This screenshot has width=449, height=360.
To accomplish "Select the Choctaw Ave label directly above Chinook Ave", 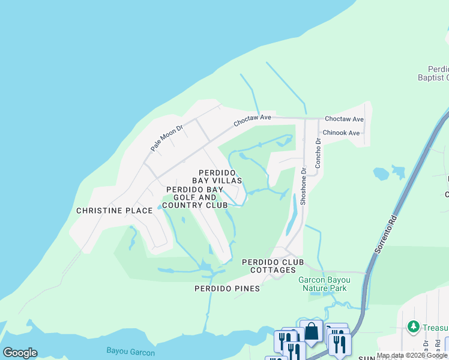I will tap(344, 119).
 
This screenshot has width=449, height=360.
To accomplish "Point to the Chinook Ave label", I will tap(341, 133).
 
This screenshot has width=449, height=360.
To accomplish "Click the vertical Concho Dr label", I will tap(319, 153).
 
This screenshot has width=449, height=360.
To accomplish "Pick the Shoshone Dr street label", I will tap(304, 186).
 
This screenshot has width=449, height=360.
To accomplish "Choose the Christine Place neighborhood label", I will tap(107, 211).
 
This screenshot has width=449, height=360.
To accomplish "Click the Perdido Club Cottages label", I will tap(273, 266).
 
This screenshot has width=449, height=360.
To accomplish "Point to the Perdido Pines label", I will tap(227, 289).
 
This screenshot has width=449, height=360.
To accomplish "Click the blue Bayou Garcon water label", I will tap(130, 351).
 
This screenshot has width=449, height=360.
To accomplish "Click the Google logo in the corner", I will tap(20, 353).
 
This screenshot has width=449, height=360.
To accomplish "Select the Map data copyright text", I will tap(412, 356).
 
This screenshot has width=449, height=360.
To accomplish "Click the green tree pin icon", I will tap(413, 326).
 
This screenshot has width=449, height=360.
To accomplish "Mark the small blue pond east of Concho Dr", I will tap(381, 174).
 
